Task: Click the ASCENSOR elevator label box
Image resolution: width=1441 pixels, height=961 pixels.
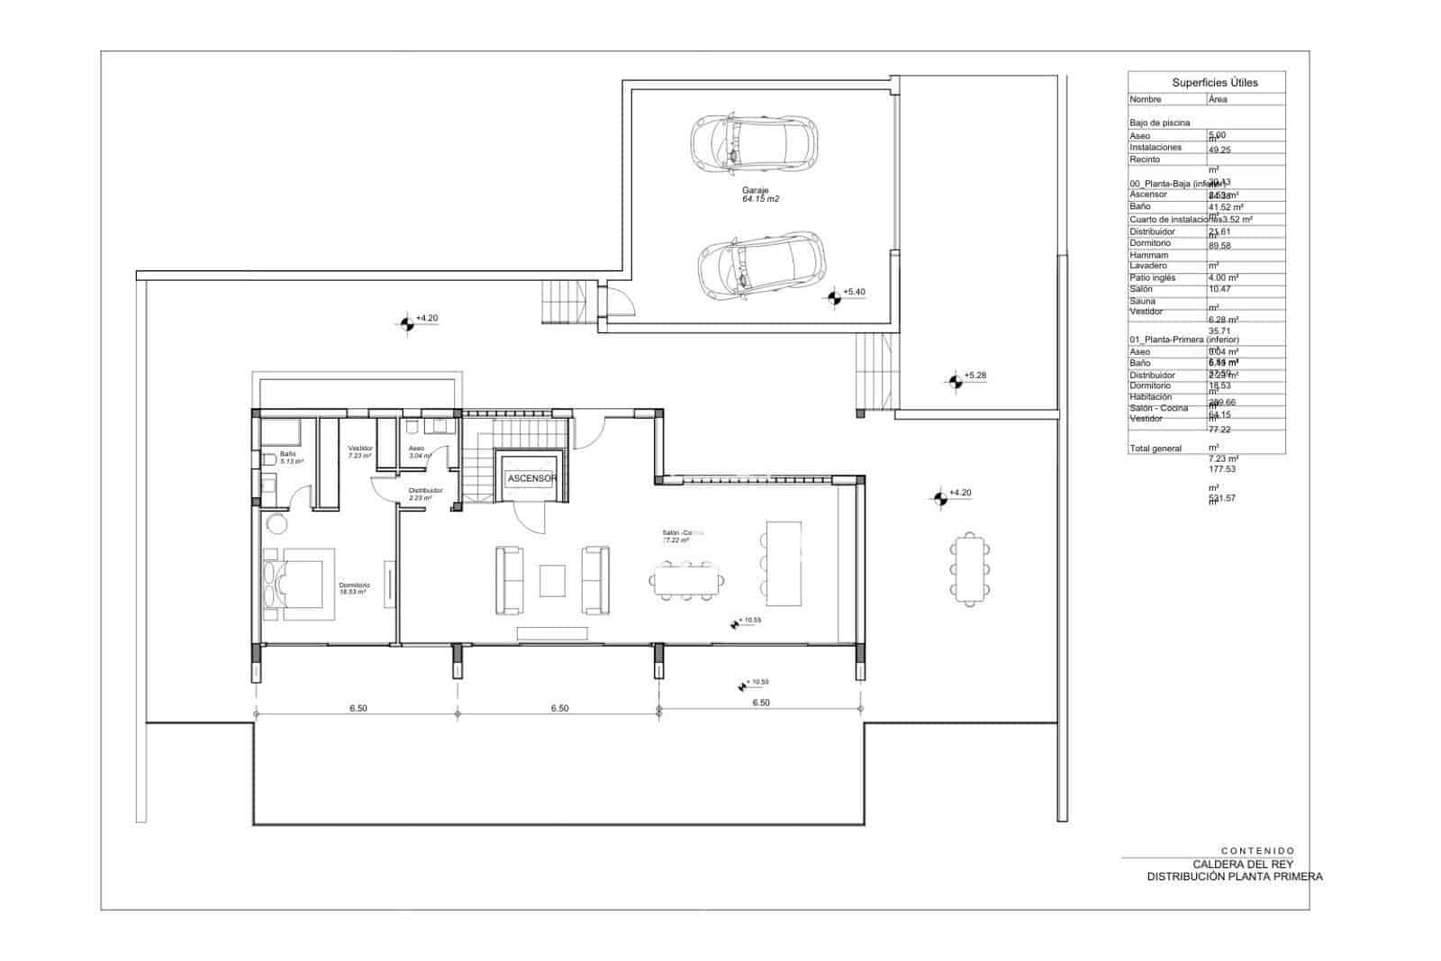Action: click(x=531, y=478)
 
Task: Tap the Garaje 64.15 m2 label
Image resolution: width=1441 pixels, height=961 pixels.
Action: click(x=760, y=195)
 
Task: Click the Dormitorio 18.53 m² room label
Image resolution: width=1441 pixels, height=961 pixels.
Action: click(x=354, y=588)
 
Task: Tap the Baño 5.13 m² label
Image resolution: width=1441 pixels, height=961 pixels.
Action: click(x=291, y=457)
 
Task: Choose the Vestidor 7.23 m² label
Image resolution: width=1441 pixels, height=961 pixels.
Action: click(x=360, y=451)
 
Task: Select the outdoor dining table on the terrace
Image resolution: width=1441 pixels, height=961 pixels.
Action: click(x=971, y=568)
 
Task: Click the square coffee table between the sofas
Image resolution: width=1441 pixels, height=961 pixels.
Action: click(x=552, y=581)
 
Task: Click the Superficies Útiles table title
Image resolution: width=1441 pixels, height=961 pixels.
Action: click(x=1215, y=82)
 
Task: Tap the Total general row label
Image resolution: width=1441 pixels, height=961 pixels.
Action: click(x=1155, y=449)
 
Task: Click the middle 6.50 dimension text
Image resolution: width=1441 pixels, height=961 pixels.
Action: click(x=559, y=709)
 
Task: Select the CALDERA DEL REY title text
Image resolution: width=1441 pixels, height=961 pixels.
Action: click(x=1243, y=864)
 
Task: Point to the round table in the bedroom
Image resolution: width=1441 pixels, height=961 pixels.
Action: click(x=276, y=522)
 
